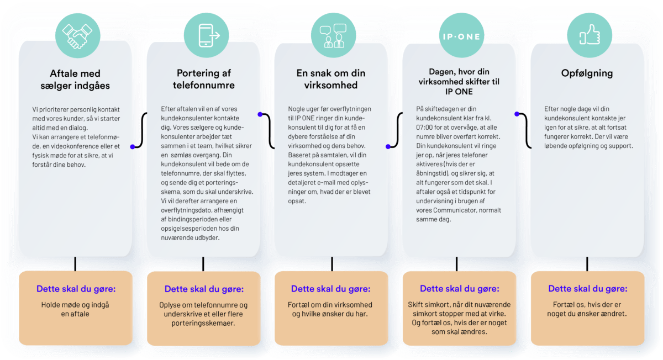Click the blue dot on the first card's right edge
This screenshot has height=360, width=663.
pyautogui.click(x=133, y=147)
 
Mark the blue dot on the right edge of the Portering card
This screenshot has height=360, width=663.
pyautogui.click(x=260, y=114)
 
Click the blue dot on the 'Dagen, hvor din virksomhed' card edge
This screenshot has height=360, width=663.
pyautogui.click(x=517, y=114)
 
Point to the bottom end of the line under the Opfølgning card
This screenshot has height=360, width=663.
pyautogui.click(x=587, y=271)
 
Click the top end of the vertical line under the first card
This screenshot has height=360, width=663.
pyautogui.click(x=75, y=257)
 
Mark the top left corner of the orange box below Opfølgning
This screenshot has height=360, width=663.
pyautogui.click(x=531, y=272)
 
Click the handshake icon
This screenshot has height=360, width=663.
pyautogui.click(x=77, y=36)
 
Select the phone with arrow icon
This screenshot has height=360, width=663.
pyautogui.click(x=209, y=35)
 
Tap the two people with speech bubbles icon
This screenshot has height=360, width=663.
pyautogui.click(x=333, y=36)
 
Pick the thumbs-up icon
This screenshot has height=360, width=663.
pyautogui.click(x=590, y=35)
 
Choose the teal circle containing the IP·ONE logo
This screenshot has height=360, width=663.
pyautogui.click(x=461, y=35)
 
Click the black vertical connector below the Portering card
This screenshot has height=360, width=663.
pyautogui.click(x=203, y=264)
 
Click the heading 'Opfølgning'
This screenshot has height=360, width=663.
pyautogui.click(x=587, y=73)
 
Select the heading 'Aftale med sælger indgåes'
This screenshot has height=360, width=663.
pyautogui.click(x=75, y=80)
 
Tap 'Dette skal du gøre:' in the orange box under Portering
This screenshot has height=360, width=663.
pyautogui.click(x=204, y=289)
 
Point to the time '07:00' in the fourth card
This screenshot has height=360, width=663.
pyautogui.click(x=424, y=127)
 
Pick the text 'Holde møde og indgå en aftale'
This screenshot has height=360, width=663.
pyautogui.click(x=75, y=309)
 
